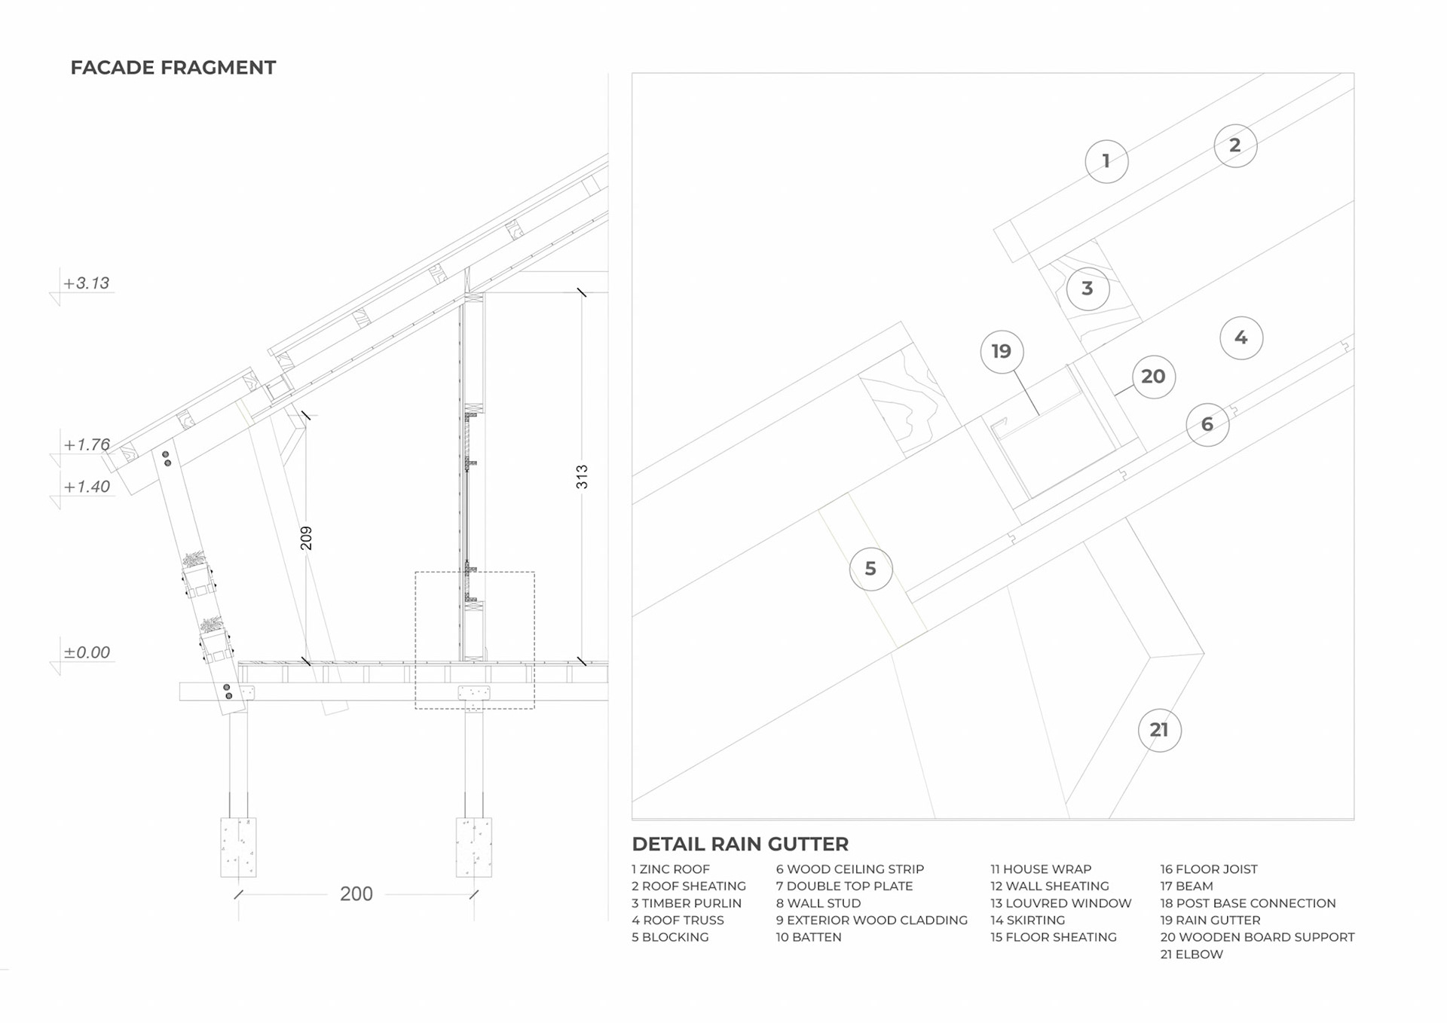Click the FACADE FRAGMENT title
(x=173, y=68)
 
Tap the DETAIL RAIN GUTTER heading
(x=740, y=844)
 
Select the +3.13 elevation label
(x=87, y=283)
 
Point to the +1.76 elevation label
(x=87, y=444)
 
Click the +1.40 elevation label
(x=87, y=487)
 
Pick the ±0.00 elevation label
(x=87, y=652)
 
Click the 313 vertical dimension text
(x=582, y=477)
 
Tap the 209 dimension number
(x=306, y=538)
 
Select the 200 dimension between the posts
(x=356, y=894)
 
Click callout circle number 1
(x=1106, y=161)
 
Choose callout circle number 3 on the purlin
(x=1088, y=289)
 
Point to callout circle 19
(x=1002, y=351)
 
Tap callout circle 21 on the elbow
(x=1159, y=730)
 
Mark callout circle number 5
(x=870, y=569)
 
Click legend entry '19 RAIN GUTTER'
(x=1210, y=921)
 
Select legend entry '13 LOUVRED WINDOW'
(x=1060, y=903)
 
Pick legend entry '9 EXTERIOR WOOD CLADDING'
(x=871, y=921)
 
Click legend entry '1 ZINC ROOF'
(x=671, y=869)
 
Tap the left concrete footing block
(x=238, y=847)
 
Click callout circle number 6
(x=1207, y=425)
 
